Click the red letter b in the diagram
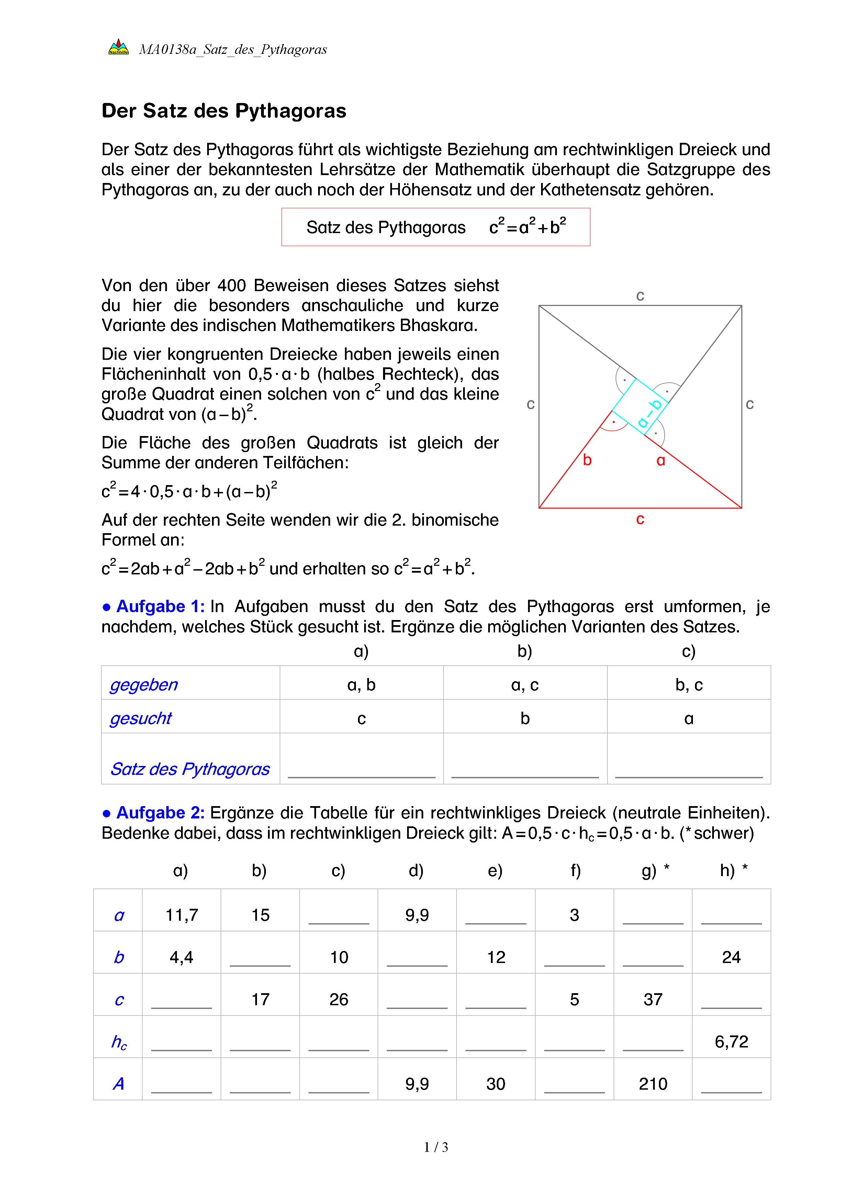[x=587, y=460]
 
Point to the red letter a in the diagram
[x=661, y=460]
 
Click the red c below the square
[x=640, y=519]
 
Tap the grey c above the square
[x=640, y=296]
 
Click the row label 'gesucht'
[x=141, y=718]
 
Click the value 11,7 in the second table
[x=181, y=915]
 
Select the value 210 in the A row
[x=653, y=1084]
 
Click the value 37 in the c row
[x=653, y=999]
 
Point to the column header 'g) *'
[x=655, y=871]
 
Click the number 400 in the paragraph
[x=231, y=285]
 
